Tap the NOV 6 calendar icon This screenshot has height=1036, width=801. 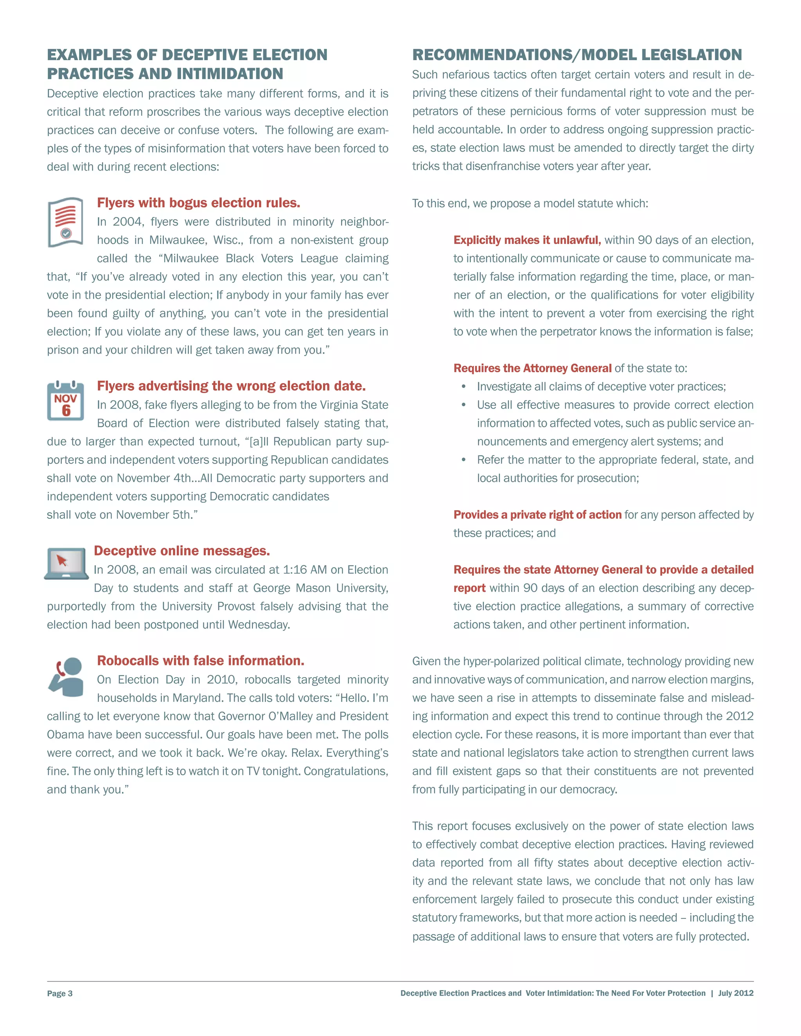pos(65,401)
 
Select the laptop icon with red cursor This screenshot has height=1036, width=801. pos(66,563)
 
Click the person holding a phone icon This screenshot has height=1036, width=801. pos(66,677)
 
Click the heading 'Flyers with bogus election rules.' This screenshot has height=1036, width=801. pos(198,203)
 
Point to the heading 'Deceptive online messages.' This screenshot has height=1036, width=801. pos(182,551)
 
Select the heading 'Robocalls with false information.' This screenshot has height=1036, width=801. pos(201,661)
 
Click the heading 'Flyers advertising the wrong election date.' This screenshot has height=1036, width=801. pos(231,386)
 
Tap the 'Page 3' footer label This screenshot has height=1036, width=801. pos(60,993)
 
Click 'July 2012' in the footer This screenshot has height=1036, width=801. pos(736,993)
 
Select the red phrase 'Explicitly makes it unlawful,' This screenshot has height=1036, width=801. pos(527,240)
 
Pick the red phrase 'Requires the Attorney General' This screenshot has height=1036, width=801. pos(532,369)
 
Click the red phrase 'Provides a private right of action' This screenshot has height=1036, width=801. pos(537,515)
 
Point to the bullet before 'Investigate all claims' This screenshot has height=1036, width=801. pos(463,387)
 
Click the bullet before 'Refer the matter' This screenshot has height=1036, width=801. pos(463,460)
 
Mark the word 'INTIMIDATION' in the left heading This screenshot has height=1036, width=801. pos(230,74)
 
